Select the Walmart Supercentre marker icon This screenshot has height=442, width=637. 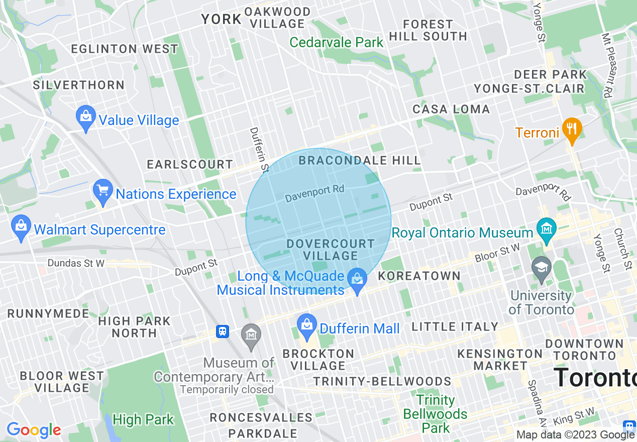[x=21, y=228]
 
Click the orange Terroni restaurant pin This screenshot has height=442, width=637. [x=571, y=129]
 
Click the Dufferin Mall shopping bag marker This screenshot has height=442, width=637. [x=306, y=326]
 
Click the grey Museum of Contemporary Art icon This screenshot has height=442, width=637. [x=251, y=335]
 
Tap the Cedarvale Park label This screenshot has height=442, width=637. [x=337, y=42]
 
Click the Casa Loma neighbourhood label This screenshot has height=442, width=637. [x=451, y=109]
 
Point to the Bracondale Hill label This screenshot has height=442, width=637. [x=359, y=161]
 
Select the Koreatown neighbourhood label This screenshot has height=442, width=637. [x=419, y=276]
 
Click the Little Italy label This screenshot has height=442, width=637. [x=455, y=326]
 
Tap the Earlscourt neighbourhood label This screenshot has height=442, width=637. [x=190, y=164]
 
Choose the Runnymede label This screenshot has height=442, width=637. [x=48, y=314]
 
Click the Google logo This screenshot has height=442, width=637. [x=34, y=430]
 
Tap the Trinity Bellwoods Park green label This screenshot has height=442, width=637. [x=435, y=414]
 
